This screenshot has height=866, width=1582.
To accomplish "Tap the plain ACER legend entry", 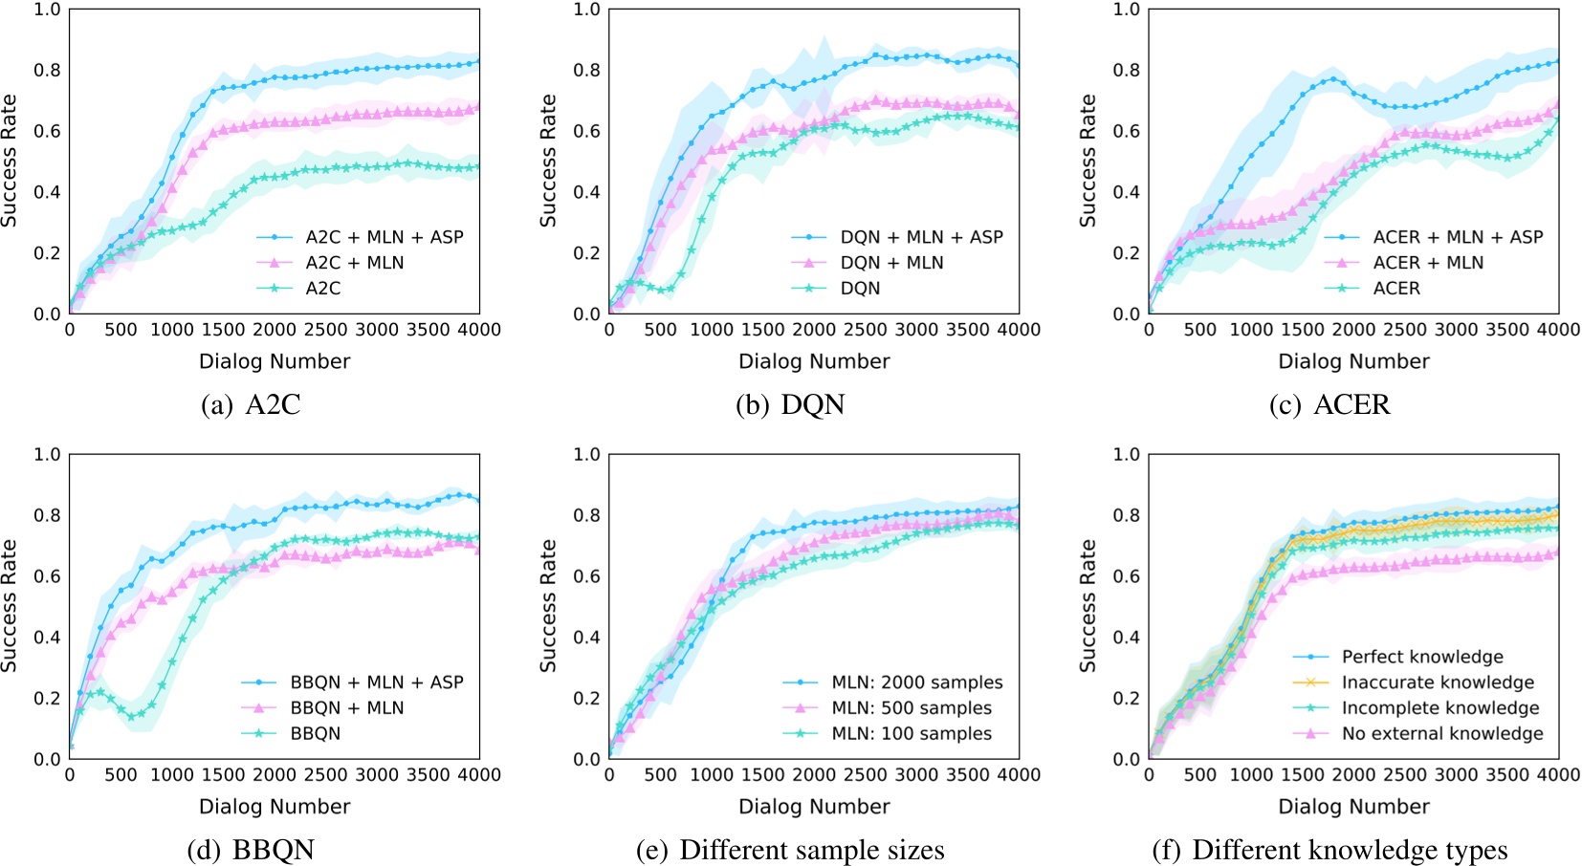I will (1396, 289).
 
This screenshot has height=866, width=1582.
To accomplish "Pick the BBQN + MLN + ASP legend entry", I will (377, 682).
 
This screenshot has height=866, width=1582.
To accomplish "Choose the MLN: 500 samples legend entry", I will (912, 708).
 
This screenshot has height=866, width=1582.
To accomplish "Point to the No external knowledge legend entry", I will (1442, 734).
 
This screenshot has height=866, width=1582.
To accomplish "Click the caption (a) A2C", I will (252, 405).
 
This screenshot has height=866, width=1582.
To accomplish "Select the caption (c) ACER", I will (1329, 405).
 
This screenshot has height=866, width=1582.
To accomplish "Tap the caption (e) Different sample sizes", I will (790, 850).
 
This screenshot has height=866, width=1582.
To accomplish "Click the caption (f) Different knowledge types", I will (1329, 850).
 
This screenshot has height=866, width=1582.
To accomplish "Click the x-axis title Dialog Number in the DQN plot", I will (814, 361).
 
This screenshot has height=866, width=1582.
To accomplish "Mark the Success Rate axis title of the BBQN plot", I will (10, 606).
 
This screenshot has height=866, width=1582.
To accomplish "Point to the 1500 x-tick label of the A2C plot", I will (223, 330).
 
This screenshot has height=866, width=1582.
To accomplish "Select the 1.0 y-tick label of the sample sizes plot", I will (586, 454).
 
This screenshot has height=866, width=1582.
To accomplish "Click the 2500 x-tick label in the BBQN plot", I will (325, 775).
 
